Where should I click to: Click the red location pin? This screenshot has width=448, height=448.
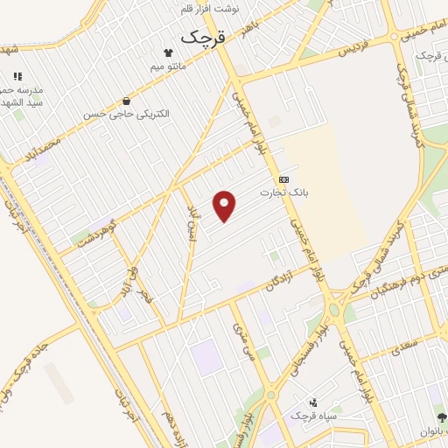[225, 206]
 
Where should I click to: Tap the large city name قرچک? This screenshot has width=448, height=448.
[202, 38]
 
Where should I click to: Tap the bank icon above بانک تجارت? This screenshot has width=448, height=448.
[283, 178]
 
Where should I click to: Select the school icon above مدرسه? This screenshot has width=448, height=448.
[17, 77]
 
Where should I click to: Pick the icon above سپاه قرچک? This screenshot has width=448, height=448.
[315, 401]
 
